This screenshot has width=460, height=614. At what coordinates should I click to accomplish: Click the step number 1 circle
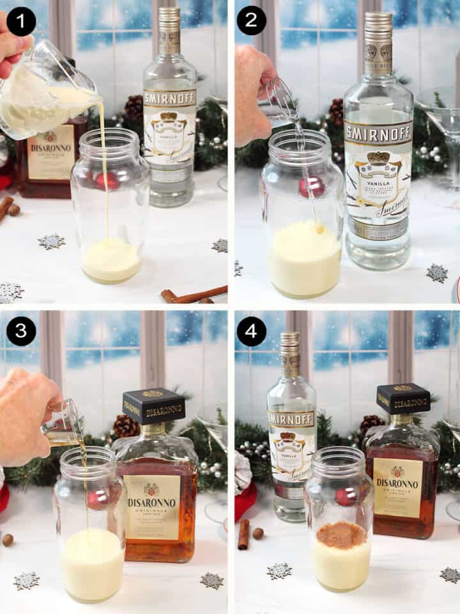tap(21, 24)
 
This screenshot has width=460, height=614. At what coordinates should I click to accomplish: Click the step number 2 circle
tap(251, 24)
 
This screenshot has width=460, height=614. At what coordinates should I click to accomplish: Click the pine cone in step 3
tap(126, 426)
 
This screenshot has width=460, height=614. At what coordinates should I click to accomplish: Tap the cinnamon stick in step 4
tap(243, 534)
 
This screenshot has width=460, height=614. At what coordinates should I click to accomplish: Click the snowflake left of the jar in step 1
tap(51, 241)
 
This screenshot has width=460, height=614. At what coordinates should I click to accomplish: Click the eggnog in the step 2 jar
tap(305, 259)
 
